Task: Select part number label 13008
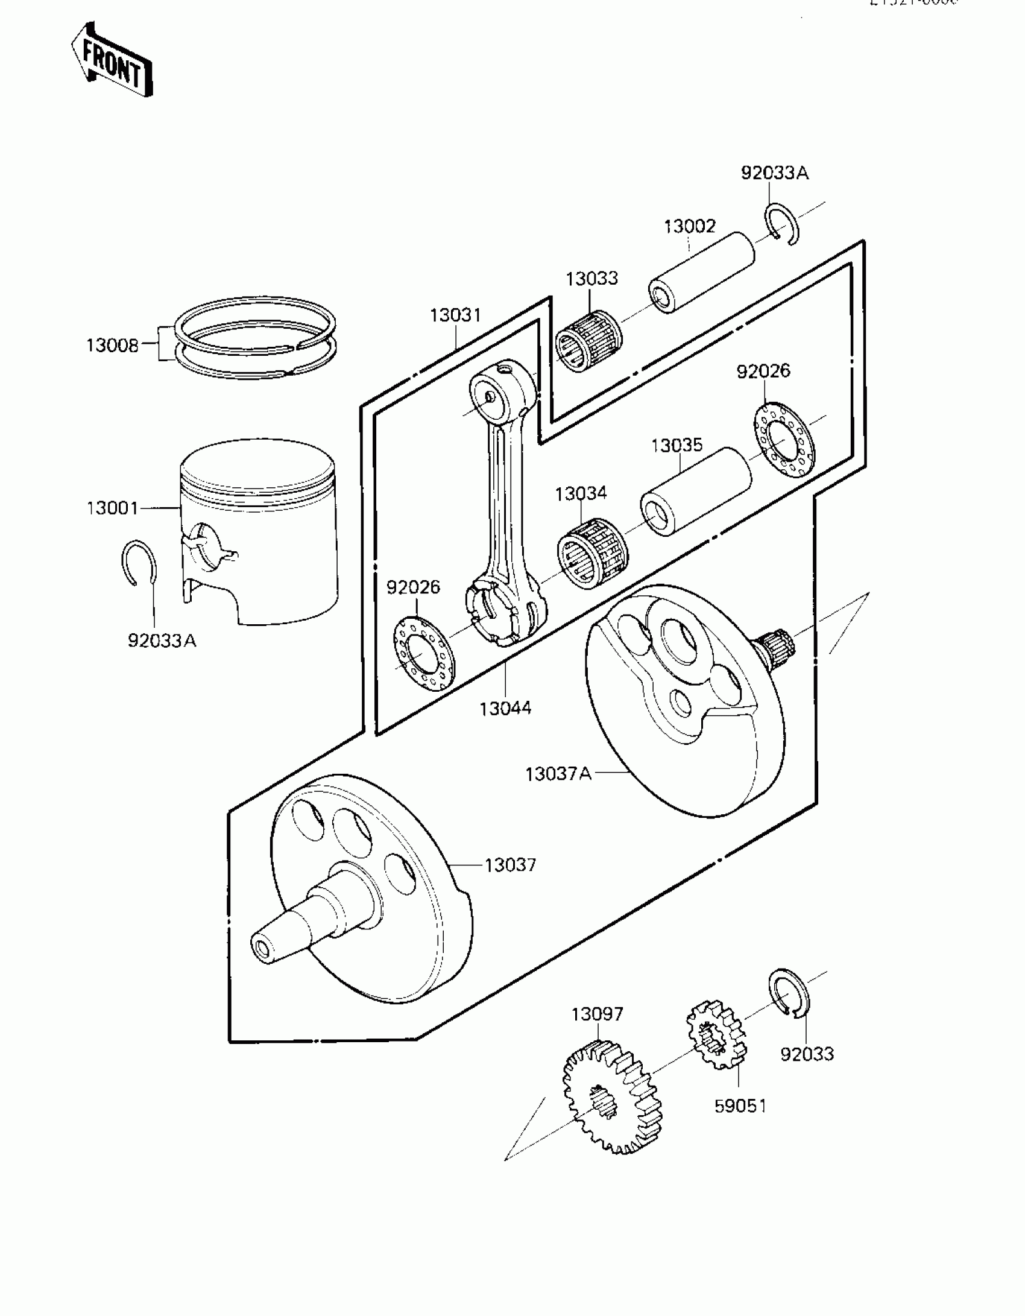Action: (x=112, y=346)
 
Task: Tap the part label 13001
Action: (x=113, y=508)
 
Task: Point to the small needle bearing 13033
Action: (x=589, y=341)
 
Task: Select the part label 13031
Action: (x=455, y=315)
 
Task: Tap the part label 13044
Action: (x=505, y=708)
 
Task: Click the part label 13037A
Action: (x=558, y=774)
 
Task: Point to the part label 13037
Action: (x=510, y=865)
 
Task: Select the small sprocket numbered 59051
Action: (x=716, y=1034)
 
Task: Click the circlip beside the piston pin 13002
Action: (x=783, y=224)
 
